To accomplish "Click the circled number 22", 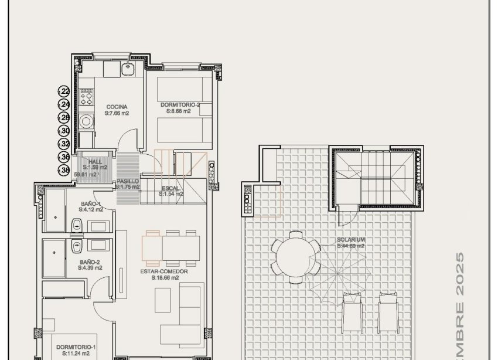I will [x=64, y=91].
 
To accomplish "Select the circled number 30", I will [x=64, y=131].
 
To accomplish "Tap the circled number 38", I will [x=64, y=170].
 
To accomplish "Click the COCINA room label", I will [x=117, y=107].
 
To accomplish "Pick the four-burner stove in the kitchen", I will [x=86, y=95].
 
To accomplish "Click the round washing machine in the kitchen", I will [x=87, y=122].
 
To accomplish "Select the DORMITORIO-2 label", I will [x=180, y=105].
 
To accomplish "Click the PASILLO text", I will [x=127, y=182].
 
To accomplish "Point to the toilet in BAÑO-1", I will [x=76, y=225].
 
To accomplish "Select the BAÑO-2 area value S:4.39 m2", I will [x=90, y=268].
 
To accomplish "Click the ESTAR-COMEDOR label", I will [x=163, y=271].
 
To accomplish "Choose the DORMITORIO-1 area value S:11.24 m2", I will [x=73, y=354].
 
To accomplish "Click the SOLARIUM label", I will [x=351, y=240].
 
